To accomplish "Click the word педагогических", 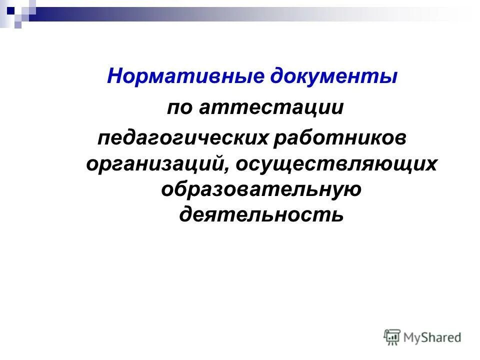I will click(182, 137).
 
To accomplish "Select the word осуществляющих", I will click(337, 164).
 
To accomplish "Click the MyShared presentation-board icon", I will click(392, 336).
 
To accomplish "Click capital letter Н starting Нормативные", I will click(114, 76).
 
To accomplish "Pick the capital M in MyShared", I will click(410, 337).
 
